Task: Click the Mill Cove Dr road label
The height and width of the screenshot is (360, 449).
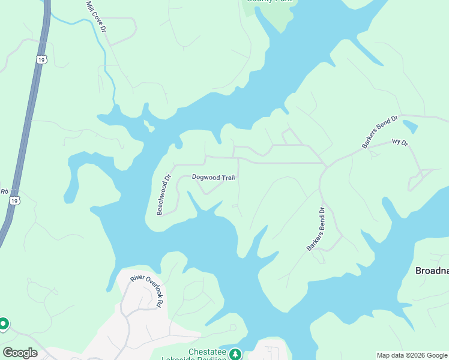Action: [x=96, y=16]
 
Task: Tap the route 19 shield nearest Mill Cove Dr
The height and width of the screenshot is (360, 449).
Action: [x=40, y=59]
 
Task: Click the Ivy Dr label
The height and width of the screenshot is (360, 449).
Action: [x=399, y=142]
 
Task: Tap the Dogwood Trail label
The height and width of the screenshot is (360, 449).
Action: [x=213, y=177]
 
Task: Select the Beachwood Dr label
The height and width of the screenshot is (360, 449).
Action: [x=164, y=194]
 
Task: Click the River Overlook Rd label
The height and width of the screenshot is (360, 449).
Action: [x=148, y=290]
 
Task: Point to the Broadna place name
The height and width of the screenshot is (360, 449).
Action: [x=432, y=271]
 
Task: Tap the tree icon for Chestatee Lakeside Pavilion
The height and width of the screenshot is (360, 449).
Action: [x=236, y=354]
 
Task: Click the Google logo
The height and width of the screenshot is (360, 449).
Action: [x=20, y=353]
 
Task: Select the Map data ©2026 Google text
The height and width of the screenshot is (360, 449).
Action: [x=412, y=355]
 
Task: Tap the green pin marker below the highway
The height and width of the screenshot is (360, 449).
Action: [x=4, y=324]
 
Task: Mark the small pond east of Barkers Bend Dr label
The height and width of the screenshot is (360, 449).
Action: [x=410, y=127]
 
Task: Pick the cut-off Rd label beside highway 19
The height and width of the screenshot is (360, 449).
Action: [x=3, y=192]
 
